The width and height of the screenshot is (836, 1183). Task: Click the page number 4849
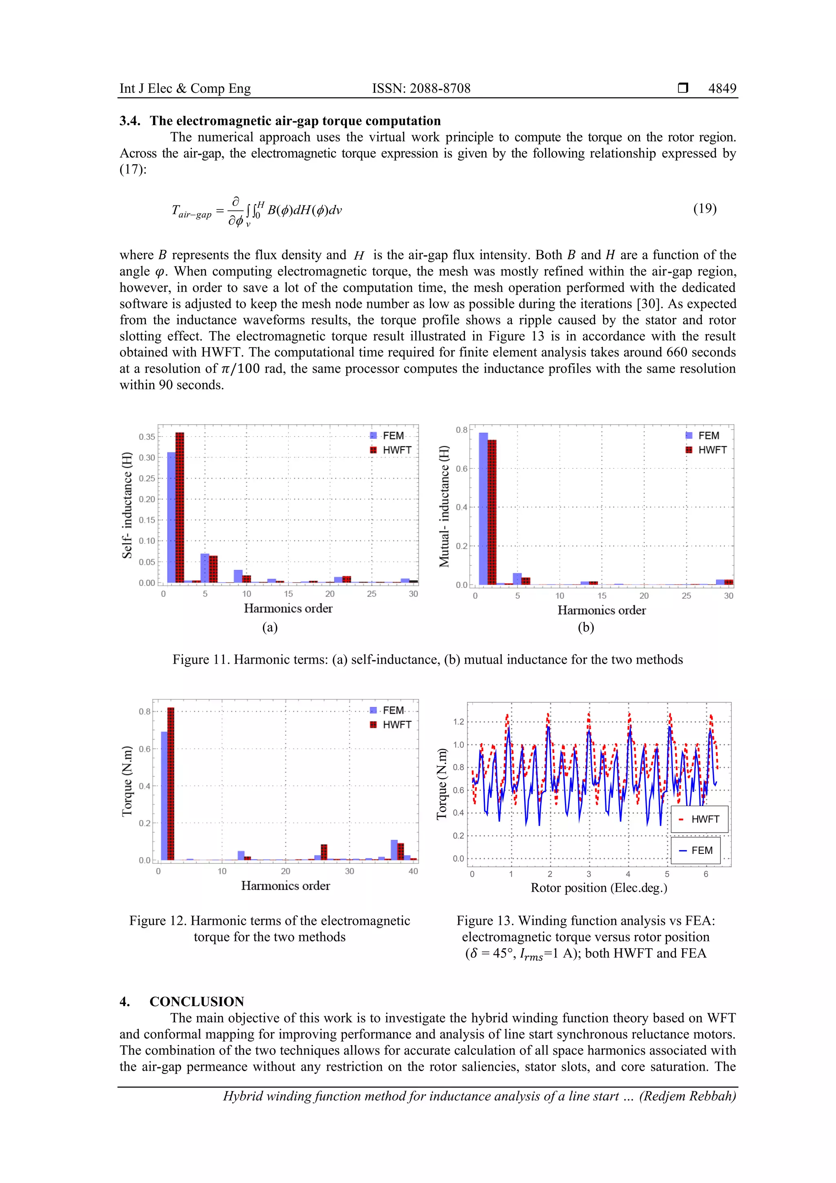722,88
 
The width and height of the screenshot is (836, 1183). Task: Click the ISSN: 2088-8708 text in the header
421,88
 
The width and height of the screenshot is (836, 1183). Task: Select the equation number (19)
705,209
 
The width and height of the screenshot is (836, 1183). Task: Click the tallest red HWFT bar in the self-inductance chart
180,507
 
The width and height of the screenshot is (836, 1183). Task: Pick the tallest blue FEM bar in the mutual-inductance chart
483,508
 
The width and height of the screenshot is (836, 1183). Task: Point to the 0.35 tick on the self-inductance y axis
147,437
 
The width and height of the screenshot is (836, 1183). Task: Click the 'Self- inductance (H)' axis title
127,505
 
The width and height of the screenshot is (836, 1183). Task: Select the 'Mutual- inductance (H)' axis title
443,506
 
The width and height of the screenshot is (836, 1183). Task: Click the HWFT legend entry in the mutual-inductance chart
706,450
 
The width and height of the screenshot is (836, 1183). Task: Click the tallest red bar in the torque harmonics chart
171,784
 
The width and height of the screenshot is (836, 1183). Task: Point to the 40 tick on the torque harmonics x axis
413,871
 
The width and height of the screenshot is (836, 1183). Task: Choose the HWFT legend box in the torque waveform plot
699,819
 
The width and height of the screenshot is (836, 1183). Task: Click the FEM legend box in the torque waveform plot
699,851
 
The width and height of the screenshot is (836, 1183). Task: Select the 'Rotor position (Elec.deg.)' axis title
598,888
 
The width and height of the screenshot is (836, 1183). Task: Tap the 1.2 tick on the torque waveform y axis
458,722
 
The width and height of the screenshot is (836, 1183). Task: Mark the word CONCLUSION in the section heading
197,1002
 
